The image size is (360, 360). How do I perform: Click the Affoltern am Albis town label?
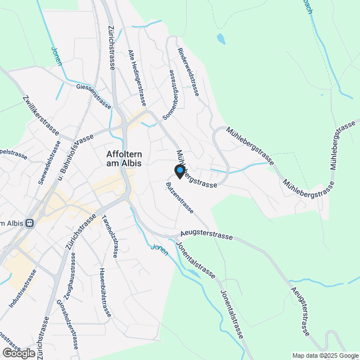click(x=124, y=158)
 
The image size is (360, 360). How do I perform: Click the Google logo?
click(x=19, y=353)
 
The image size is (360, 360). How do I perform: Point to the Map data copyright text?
click(x=325, y=355)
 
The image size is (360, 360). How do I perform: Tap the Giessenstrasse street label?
click(x=93, y=96)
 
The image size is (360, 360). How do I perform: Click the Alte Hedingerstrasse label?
click(x=137, y=78)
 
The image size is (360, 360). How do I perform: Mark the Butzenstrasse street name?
click(x=180, y=197)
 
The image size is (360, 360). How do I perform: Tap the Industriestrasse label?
click(x=22, y=289)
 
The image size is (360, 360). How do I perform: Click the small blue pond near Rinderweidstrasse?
click(x=221, y=39)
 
